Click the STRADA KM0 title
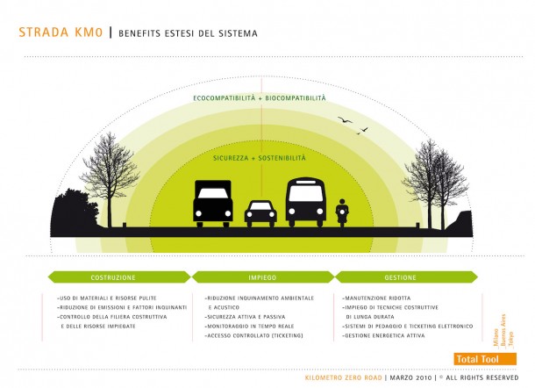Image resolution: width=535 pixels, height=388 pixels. [x=60, y=33]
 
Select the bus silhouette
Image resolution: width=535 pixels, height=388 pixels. [x=305, y=203]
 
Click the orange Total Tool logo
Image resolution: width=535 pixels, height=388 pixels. [x=479, y=359]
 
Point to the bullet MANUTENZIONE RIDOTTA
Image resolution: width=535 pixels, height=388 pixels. [x=374, y=298]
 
